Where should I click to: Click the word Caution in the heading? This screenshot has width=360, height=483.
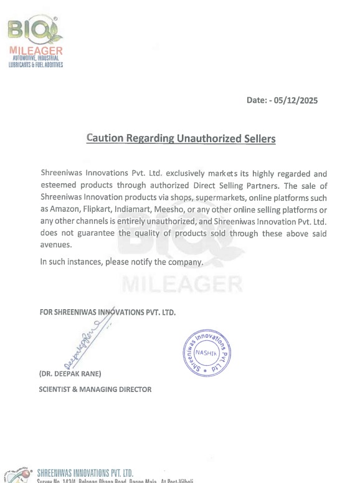(106, 138)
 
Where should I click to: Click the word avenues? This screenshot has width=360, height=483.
(56, 244)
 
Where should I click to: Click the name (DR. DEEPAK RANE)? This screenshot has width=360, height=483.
(70, 374)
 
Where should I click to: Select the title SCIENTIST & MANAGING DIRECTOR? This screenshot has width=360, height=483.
(95, 390)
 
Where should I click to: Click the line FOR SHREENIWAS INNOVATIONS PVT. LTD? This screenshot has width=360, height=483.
(107, 312)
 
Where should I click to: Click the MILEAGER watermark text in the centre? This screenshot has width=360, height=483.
(182, 285)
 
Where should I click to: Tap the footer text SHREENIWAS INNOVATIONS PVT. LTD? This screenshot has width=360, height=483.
(85, 473)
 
